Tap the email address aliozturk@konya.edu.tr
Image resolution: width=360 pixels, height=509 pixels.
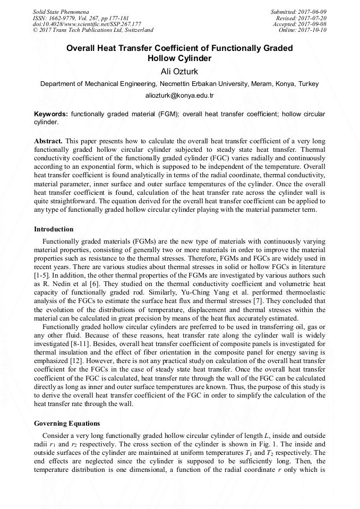[179, 96]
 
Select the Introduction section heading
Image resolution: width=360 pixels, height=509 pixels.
[54, 229]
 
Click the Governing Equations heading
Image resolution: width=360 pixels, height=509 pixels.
[67, 424]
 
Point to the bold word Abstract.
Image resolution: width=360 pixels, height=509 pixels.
[48, 141]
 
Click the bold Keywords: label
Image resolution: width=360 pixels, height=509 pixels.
[51, 114]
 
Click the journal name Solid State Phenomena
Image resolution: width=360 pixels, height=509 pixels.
[61, 11]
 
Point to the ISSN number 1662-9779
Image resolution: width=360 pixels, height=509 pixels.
[63, 18]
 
